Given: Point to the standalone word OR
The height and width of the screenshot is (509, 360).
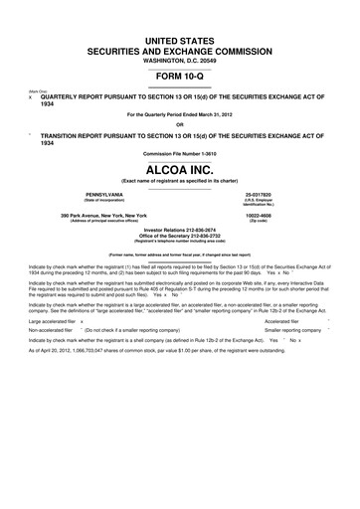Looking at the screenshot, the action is [179, 124].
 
